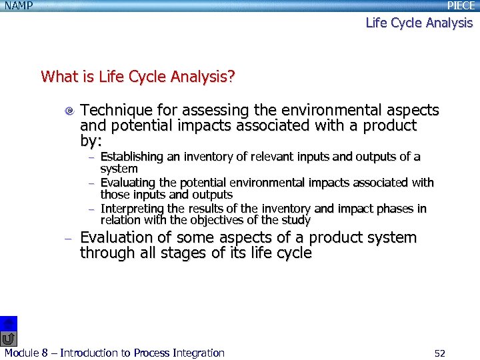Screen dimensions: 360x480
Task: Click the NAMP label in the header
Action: (19, 5)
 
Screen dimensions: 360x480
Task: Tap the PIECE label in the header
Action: (461, 5)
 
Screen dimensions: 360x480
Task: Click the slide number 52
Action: (439, 353)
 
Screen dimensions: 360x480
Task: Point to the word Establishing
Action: (131, 157)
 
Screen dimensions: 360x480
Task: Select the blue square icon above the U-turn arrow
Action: (7, 323)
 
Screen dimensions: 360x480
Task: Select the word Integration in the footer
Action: (198, 353)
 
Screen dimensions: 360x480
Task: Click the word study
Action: (295, 220)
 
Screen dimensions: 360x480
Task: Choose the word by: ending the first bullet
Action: (91, 141)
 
